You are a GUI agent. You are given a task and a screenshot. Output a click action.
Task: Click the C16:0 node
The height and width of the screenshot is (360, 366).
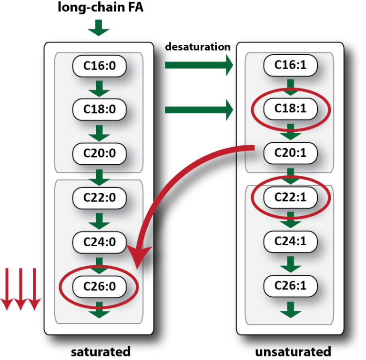click(100, 66)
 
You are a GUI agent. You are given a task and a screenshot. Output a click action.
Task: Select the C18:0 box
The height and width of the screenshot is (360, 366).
click(100, 109)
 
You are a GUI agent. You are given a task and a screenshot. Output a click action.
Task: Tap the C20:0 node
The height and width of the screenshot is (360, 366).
click(100, 153)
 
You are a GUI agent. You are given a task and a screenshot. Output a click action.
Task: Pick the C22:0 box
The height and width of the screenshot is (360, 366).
click(100, 197)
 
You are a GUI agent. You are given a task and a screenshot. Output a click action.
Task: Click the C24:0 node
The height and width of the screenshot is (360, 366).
click(100, 242)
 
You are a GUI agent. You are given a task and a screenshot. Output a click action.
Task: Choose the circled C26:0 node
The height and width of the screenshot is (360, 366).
click(100, 287)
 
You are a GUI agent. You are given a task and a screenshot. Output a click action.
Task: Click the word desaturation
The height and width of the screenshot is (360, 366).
click(198, 47)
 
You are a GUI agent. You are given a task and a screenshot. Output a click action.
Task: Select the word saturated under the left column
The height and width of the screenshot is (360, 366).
click(100, 351)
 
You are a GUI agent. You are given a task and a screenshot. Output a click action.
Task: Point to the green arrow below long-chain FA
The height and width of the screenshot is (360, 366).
click(99, 29)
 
